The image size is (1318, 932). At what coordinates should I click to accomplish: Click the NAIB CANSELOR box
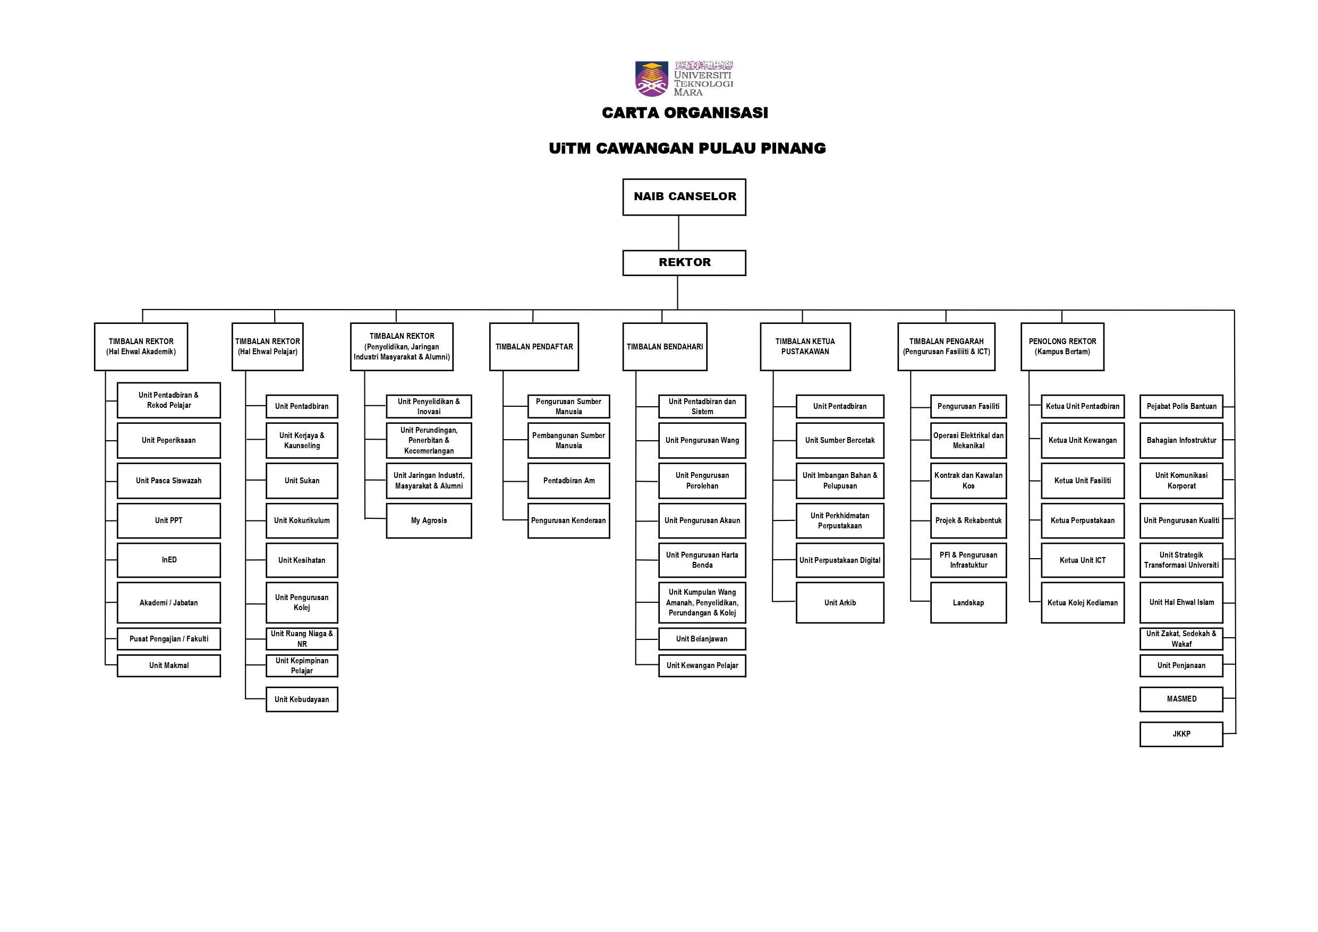point(684,197)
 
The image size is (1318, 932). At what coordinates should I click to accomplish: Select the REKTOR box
point(684,263)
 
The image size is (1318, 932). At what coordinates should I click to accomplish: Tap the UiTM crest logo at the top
point(651,79)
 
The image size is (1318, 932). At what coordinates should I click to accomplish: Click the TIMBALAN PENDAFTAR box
point(534,347)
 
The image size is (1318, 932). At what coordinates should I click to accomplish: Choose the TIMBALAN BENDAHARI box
point(665,347)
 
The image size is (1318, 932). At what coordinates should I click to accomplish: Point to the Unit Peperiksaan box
point(169,440)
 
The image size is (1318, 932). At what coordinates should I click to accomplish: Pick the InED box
point(169,560)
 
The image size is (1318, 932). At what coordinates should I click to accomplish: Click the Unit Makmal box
point(169,666)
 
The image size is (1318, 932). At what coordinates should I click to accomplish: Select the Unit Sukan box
point(302,481)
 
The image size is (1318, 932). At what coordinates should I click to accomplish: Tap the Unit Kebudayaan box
point(302,699)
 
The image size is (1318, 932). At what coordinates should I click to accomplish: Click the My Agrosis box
point(429,520)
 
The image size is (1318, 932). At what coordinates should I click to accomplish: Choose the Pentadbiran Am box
point(569,481)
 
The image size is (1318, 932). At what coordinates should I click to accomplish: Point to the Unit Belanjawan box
point(702,639)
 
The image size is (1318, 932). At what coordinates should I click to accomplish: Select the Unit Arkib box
point(840,603)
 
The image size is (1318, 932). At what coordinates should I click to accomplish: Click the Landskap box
point(968,603)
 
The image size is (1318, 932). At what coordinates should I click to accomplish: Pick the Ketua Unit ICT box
point(1083,560)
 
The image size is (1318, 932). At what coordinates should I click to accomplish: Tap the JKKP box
point(1181,734)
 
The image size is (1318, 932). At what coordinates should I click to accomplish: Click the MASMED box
point(1181,699)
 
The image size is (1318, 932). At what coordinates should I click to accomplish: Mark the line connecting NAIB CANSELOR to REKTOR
point(678,233)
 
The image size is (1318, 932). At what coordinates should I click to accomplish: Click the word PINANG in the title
point(793,149)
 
